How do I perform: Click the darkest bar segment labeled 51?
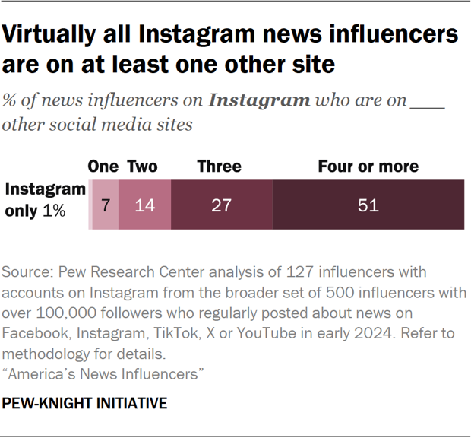(368, 205)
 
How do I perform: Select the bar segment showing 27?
(221, 205)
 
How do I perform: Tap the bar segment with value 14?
(144, 205)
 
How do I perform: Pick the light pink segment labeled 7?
(106, 205)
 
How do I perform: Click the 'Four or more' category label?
(368, 167)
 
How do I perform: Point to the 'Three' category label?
(219, 167)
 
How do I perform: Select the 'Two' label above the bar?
(142, 167)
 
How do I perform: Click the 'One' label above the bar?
(103, 167)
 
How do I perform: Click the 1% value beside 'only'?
(54, 212)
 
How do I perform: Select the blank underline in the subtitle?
(426, 106)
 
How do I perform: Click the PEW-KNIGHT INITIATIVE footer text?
(84, 404)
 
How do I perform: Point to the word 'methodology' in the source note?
(46, 354)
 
